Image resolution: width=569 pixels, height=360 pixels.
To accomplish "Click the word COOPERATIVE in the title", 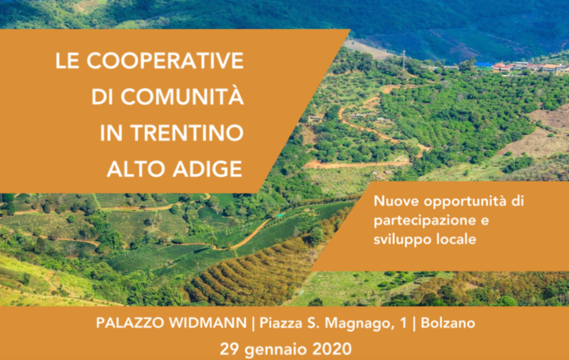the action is point(165,61).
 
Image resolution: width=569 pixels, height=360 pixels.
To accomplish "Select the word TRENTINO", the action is point(187,133).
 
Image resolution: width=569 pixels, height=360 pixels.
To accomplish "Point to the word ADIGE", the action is point(207,169).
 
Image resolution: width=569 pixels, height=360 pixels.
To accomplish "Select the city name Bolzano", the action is point(448,323).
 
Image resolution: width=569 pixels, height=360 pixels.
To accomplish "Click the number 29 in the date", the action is point(230,349).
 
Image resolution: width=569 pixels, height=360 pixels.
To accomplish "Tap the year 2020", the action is point(332,349).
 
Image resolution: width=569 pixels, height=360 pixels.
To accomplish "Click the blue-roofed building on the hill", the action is point(484,65).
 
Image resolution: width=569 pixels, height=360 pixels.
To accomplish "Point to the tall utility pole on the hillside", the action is point(404,60).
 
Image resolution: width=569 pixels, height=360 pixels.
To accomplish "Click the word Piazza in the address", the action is point(281,323).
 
